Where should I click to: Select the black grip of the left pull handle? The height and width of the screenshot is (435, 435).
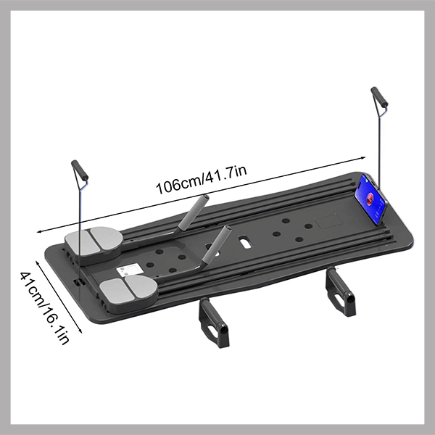point(79,171)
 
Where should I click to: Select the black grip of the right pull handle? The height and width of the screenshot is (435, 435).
point(380,98)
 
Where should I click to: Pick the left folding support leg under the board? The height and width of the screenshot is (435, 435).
point(214,322)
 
